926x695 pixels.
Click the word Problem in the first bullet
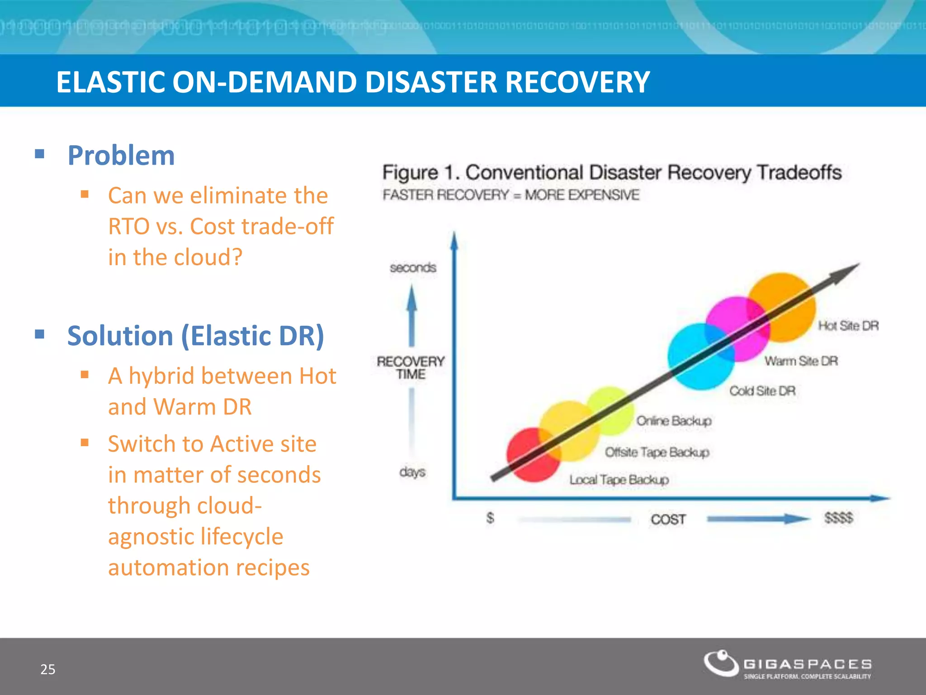pyautogui.click(x=121, y=156)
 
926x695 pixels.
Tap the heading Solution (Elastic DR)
pyautogui.click(x=195, y=336)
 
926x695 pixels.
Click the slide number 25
pyautogui.click(x=48, y=669)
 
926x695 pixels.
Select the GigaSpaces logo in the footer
pyautogui.click(x=787, y=665)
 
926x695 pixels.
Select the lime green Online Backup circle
pyautogui.click(x=613, y=407)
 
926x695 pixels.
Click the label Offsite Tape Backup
pyautogui.click(x=657, y=452)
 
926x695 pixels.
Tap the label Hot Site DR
pyautogui.click(x=848, y=326)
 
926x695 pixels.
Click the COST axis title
pyautogui.click(x=668, y=519)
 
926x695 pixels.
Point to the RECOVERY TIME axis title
pyautogui.click(x=411, y=367)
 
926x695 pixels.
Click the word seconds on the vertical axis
pyautogui.click(x=413, y=267)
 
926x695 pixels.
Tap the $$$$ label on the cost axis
pyautogui.click(x=838, y=518)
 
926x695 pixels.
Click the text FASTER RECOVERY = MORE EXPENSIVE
pyautogui.click(x=510, y=195)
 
